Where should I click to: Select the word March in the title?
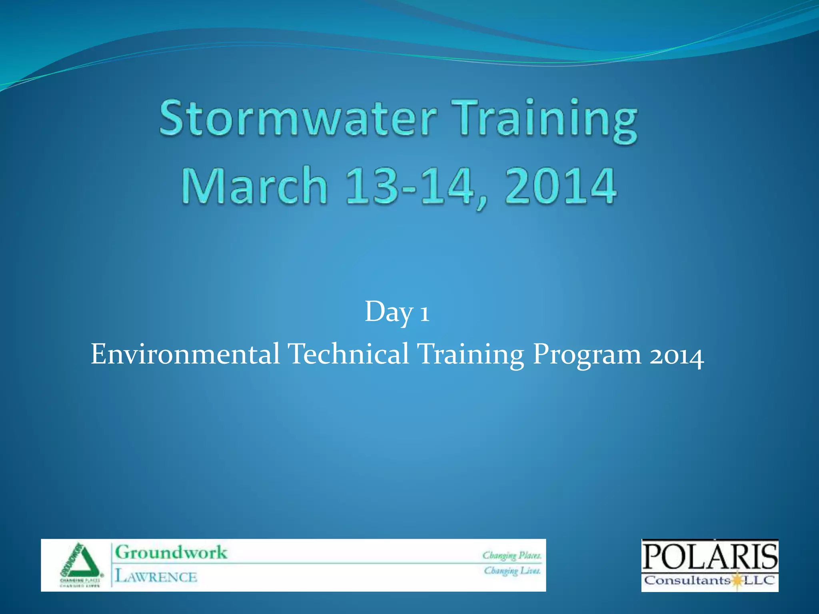(x=255, y=186)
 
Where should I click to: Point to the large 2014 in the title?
(x=560, y=186)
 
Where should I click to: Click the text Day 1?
(x=397, y=312)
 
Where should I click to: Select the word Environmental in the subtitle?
(x=185, y=354)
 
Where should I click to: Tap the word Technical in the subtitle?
(x=348, y=354)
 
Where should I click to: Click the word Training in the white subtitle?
(x=470, y=355)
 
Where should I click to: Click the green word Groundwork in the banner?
(x=171, y=553)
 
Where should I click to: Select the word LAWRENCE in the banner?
(x=156, y=577)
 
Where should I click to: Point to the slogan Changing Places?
(x=512, y=556)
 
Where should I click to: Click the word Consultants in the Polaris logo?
(x=687, y=580)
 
